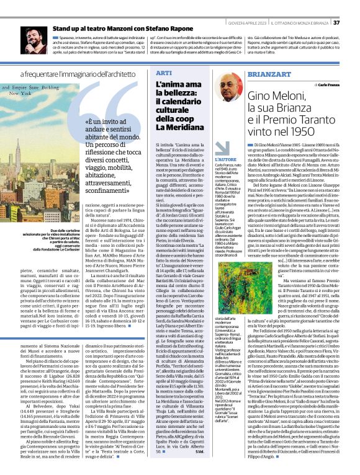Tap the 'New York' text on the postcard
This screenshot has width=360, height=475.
(21, 99)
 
